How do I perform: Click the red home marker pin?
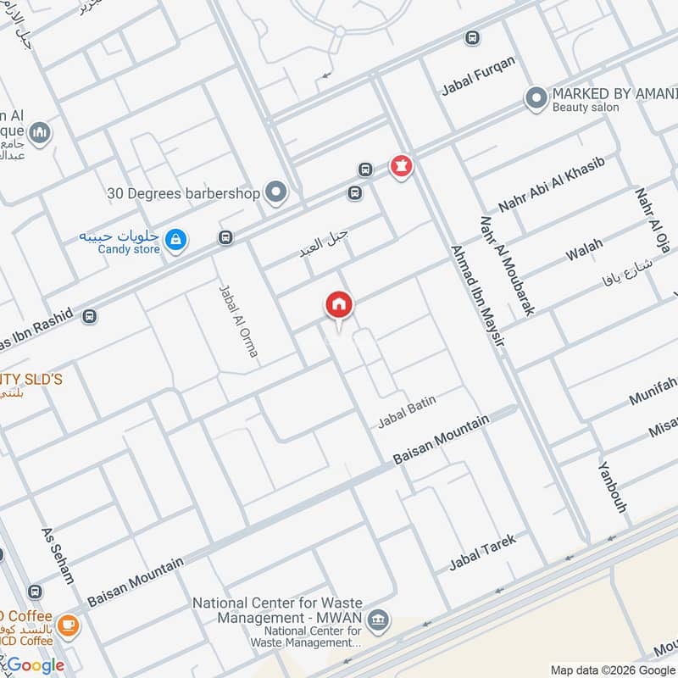click(339, 305)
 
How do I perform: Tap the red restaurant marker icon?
click(401, 166)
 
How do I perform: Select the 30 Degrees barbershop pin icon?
click(275, 193)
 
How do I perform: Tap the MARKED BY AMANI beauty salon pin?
click(535, 99)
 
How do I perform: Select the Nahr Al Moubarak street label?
click(507, 265)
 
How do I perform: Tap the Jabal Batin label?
click(407, 411)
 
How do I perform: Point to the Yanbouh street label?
click(611, 487)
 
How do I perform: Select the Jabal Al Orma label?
click(237, 320)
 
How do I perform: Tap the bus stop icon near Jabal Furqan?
click(472, 37)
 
